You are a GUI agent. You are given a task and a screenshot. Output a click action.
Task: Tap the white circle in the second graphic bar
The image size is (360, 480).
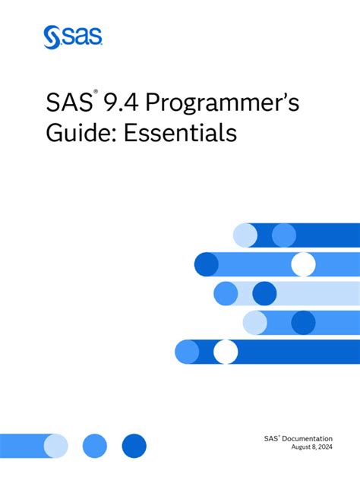[x=303, y=264]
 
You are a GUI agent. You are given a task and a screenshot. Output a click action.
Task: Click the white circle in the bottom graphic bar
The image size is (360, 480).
[x=226, y=352]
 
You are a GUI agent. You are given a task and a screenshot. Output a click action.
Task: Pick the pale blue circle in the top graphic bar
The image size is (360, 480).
[x=245, y=235]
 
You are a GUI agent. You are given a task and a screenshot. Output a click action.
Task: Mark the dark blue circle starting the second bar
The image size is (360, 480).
[x=207, y=264]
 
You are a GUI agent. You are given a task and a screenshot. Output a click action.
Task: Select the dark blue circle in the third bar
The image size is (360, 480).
[x=264, y=293]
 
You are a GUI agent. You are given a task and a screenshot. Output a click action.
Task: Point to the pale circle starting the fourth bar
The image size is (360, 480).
[x=255, y=323]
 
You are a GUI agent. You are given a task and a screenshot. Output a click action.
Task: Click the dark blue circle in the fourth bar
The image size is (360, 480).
[x=303, y=323]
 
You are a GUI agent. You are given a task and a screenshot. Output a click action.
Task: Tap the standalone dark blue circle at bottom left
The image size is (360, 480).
[x=134, y=445]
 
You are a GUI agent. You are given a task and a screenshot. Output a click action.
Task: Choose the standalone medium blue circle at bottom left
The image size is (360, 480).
[x=95, y=445]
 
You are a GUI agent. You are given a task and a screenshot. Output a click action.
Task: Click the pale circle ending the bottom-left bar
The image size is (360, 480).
[x=55, y=445]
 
